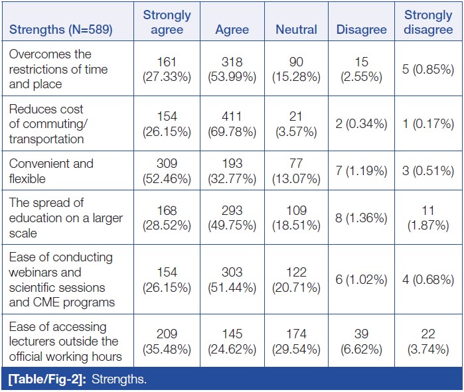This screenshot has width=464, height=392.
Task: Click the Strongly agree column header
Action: pos(167,23)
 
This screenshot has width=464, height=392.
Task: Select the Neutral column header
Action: pos(296,30)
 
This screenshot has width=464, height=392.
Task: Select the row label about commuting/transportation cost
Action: pos(46,124)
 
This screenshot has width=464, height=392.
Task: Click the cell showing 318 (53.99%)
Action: pos(232,69)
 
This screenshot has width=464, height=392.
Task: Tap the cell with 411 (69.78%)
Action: pos(232,123)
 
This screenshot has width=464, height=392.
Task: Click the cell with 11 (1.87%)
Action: pos(428,218)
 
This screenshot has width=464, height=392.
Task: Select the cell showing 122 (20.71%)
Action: pos(296,279)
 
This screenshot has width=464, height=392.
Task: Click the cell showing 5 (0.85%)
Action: pos(428,69)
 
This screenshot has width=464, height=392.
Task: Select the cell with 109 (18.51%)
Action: pos(296,218)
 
